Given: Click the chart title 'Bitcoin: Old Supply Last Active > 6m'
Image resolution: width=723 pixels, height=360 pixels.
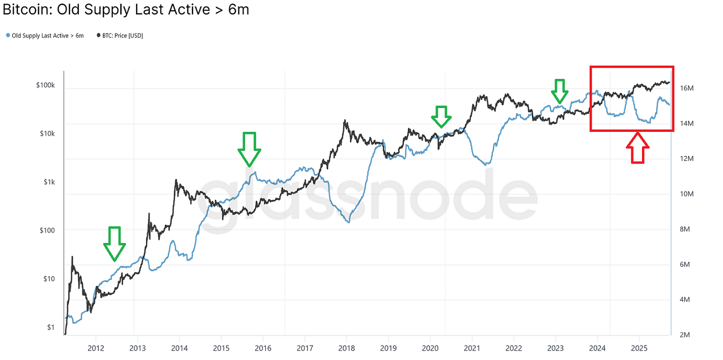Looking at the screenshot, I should point(126,9).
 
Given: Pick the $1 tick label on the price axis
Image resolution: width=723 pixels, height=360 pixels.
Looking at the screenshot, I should point(50,327).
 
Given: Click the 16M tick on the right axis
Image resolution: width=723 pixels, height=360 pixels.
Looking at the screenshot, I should point(687,88).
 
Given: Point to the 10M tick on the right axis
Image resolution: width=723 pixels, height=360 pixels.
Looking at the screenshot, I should point(687,194).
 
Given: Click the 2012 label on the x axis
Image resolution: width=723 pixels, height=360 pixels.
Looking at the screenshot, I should point(95,348).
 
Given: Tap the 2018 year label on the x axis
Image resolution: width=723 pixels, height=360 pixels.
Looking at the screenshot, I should point(347,348).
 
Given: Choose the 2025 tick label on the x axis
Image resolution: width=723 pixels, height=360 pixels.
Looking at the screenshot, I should point(639,348).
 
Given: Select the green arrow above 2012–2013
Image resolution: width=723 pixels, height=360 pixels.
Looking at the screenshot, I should point(114,244).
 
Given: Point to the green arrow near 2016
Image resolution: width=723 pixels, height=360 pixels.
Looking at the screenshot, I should point(249,149).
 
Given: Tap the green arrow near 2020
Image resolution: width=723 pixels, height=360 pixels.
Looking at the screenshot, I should point(441,116).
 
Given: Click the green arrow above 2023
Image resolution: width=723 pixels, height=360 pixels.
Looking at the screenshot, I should point(559,92).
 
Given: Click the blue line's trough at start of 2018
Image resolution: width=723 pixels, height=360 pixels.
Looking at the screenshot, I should point(349,222).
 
